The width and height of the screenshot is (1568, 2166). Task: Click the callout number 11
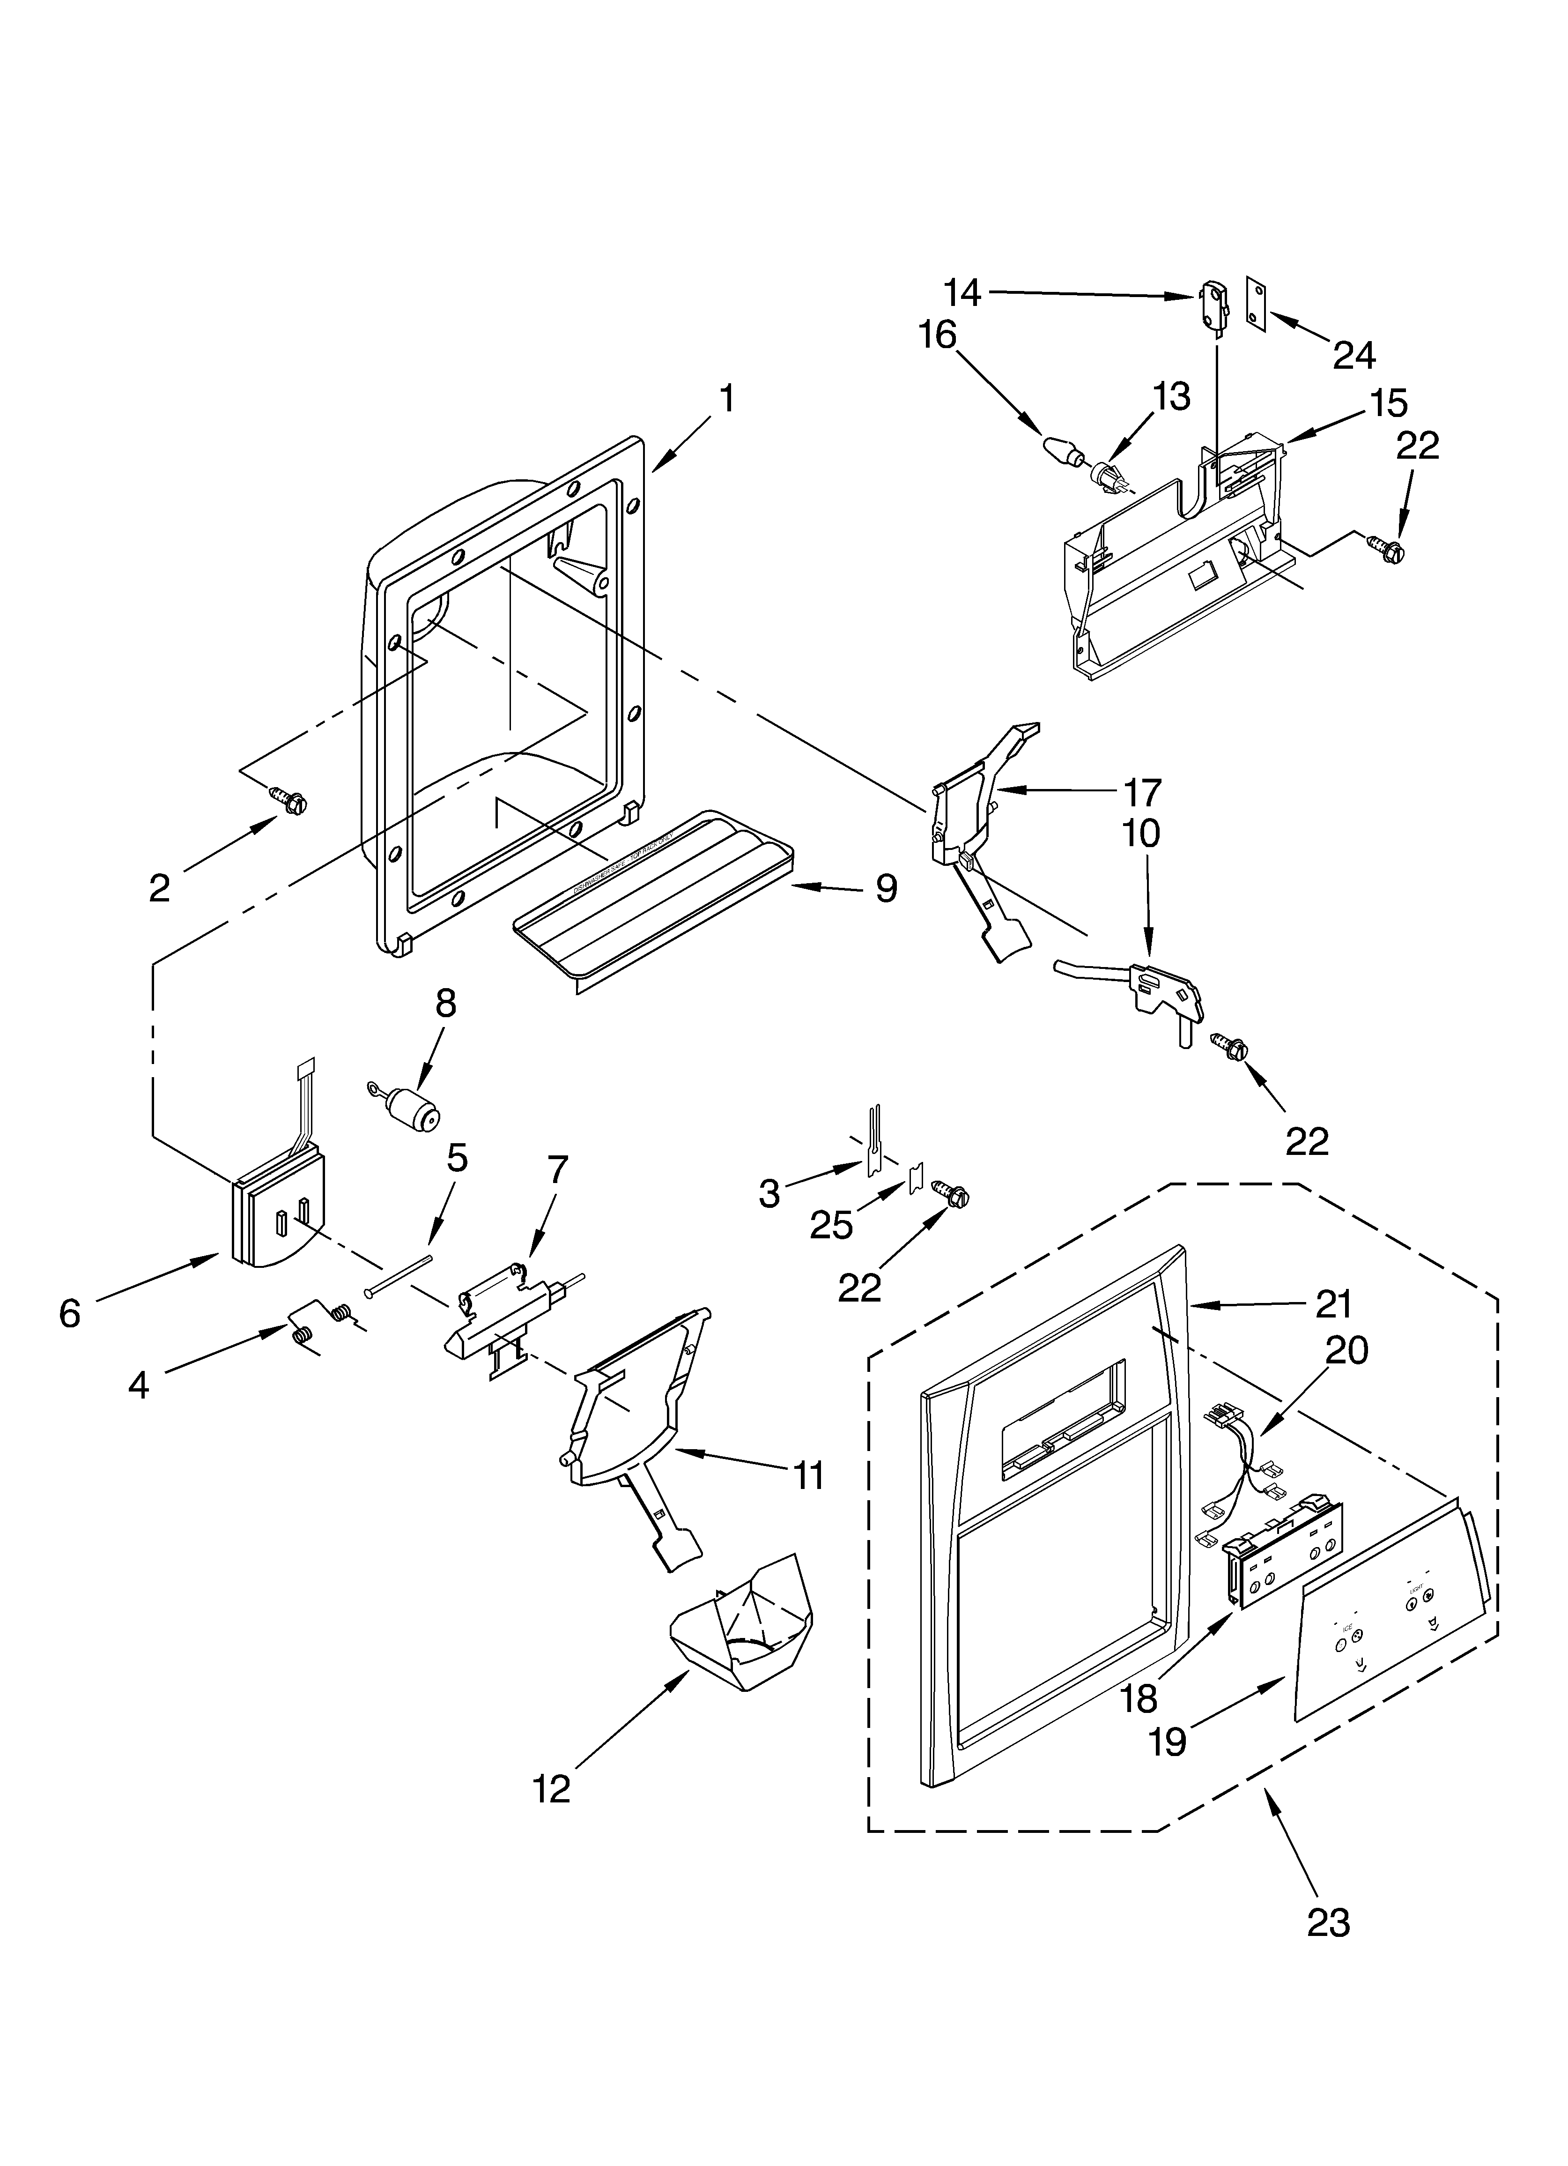808,1475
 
